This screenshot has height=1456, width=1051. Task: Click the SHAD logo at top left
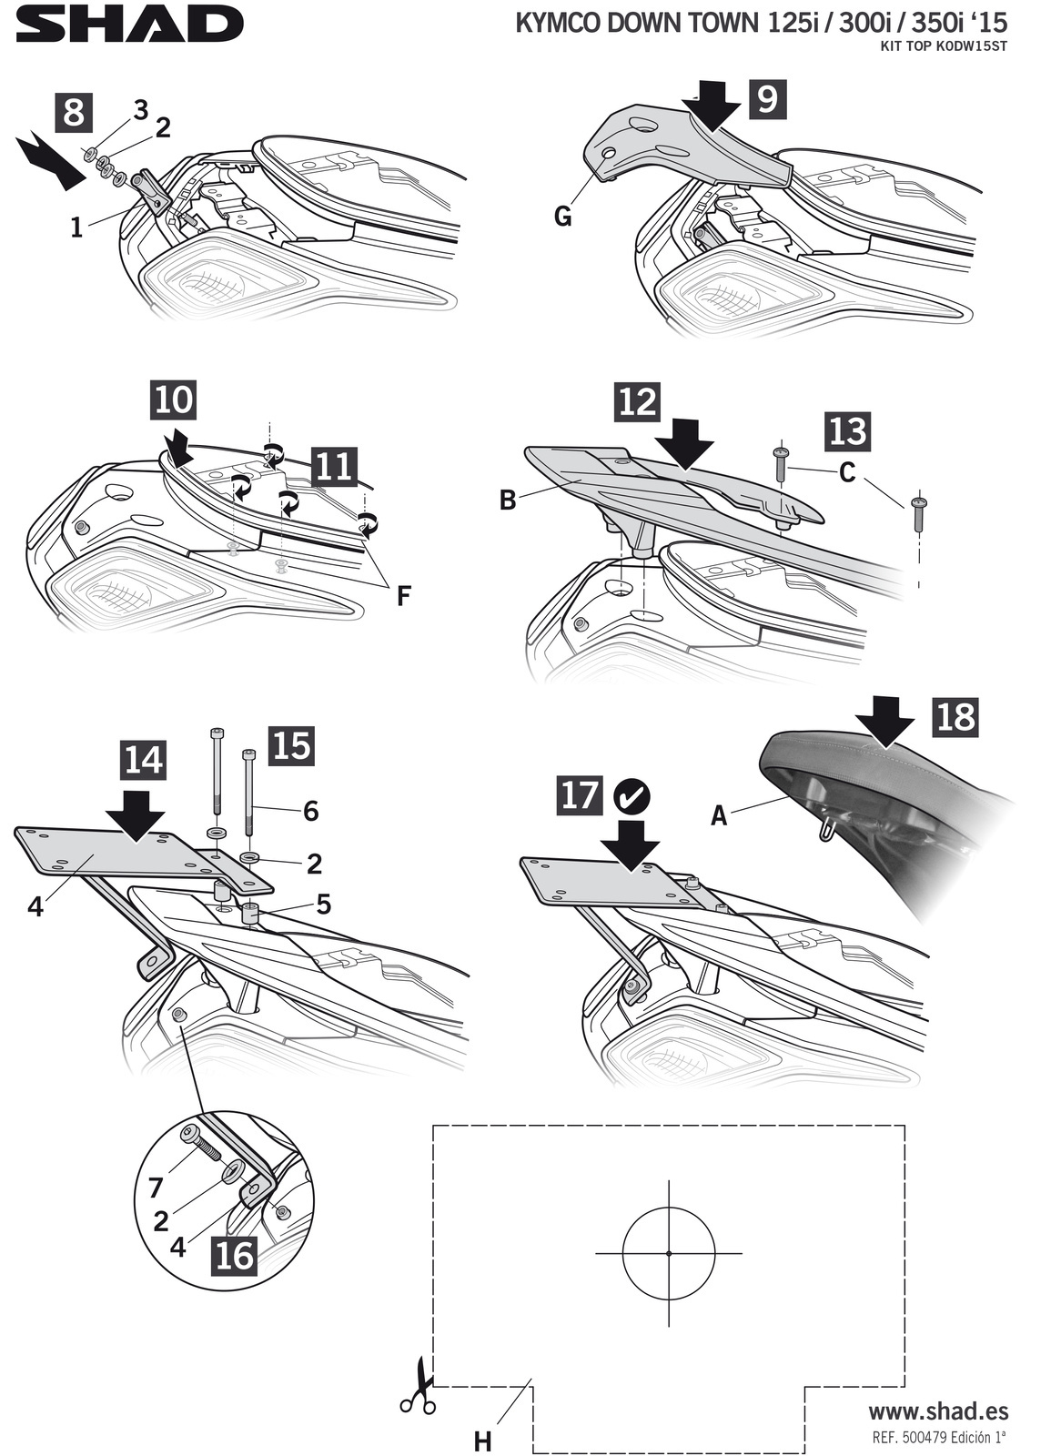(129, 25)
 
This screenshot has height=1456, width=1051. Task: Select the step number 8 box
(75, 113)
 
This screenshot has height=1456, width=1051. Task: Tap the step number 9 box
(766, 97)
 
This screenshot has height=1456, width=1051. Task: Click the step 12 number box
(636, 400)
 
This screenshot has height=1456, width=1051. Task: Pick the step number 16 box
(234, 1255)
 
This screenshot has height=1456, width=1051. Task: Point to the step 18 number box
(955, 717)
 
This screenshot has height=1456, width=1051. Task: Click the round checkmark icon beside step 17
(632, 797)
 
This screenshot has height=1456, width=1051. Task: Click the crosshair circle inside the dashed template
(669, 1253)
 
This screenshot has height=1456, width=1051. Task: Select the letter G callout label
(563, 216)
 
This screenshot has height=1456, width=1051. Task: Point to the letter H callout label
(483, 1441)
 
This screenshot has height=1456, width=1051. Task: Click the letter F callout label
(403, 596)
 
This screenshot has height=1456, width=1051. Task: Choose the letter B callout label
(508, 500)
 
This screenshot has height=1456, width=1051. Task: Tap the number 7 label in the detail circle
(156, 1188)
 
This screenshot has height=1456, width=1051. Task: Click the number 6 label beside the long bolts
(311, 811)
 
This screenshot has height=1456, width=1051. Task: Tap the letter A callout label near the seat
(719, 816)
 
